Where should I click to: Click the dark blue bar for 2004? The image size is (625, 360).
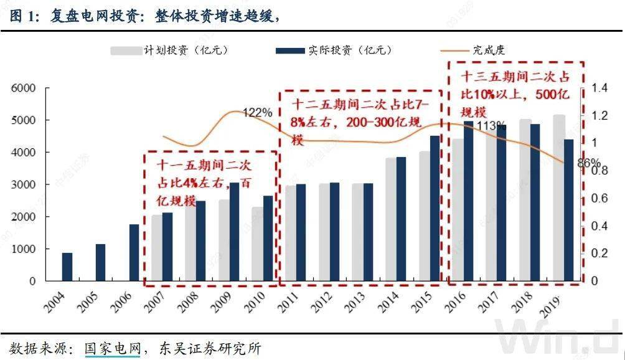click(x=67, y=267)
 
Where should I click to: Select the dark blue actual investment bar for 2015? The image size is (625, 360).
click(x=435, y=208)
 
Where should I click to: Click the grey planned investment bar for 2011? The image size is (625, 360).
click(x=289, y=233)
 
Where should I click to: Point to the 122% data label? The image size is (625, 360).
click(x=257, y=113)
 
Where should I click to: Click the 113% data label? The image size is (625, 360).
click(x=491, y=126)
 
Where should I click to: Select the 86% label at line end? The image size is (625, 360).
click(x=588, y=164)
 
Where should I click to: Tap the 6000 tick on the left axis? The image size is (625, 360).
click(x=23, y=88)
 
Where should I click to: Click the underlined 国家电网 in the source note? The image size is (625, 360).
click(x=113, y=348)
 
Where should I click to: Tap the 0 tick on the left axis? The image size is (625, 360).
click(x=32, y=281)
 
